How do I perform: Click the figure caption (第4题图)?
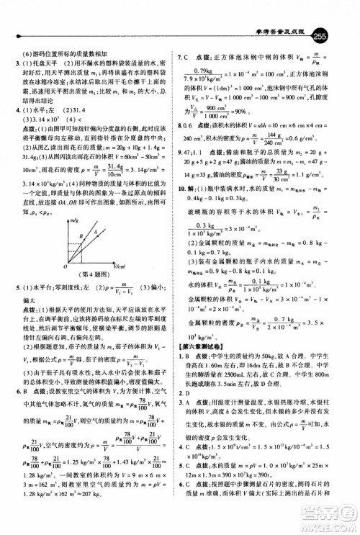pyautogui.click(x=89, y=274)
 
